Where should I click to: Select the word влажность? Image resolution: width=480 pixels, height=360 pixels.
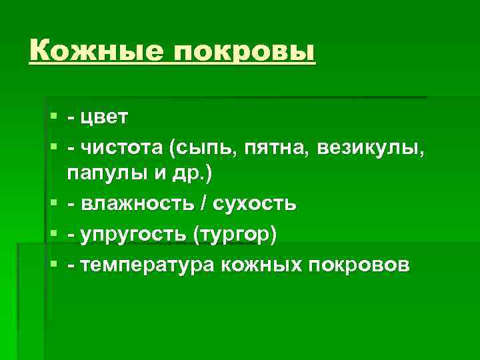pos(136,203)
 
